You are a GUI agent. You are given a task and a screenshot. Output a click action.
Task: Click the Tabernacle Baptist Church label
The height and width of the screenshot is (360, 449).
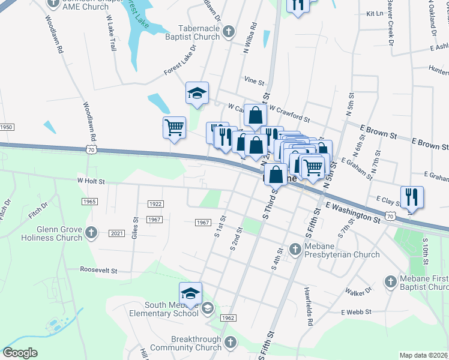tap(193, 32)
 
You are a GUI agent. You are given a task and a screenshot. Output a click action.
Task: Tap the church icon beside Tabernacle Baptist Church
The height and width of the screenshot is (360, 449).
tap(228, 31)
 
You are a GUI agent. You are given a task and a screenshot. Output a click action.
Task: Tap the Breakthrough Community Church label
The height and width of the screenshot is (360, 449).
tap(188, 343)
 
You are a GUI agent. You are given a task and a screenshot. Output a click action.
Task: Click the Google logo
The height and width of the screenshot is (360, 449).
tap(20, 353)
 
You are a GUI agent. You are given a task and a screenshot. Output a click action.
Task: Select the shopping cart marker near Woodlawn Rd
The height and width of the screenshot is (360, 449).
tap(174, 127)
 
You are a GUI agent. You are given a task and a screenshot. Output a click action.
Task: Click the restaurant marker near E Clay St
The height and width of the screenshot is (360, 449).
tap(412, 197)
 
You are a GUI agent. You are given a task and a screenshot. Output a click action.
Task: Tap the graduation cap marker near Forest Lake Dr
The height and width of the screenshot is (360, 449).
tap(197, 93)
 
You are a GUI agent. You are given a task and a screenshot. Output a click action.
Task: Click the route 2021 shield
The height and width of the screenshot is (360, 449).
tap(117, 233)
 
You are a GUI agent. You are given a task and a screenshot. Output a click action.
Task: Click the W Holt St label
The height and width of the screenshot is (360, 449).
tap(91, 180)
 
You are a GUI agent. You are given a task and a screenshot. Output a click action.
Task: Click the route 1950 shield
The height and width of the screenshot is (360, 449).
tap(6, 127)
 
